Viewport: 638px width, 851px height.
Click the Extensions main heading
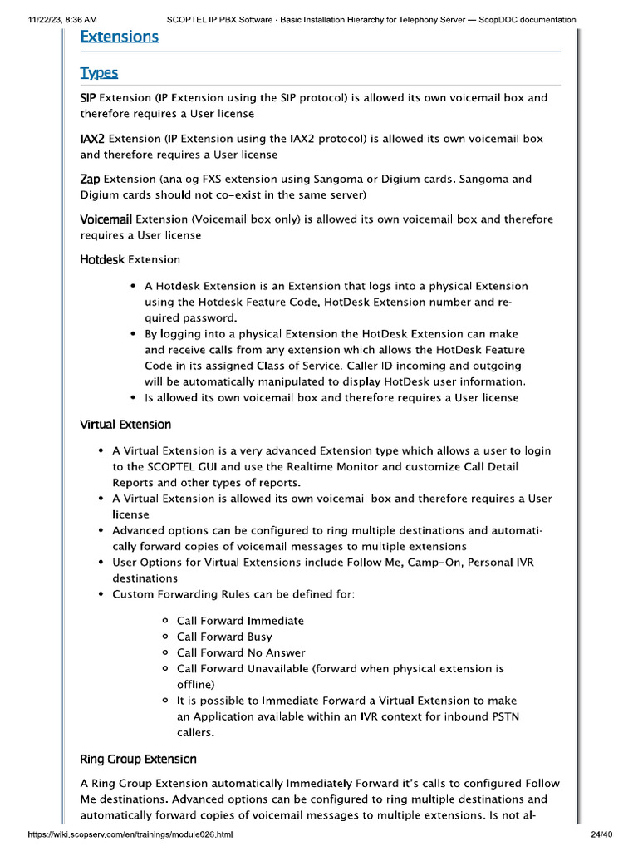pyautogui.click(x=119, y=37)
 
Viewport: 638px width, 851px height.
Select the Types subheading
pyautogui.click(x=99, y=73)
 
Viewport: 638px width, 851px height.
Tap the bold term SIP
pyautogui.click(x=88, y=98)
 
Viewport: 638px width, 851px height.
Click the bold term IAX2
pyautogui.click(x=92, y=139)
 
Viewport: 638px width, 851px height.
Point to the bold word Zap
pyautogui.click(x=91, y=179)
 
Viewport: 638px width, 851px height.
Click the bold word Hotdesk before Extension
pyautogui.click(x=102, y=260)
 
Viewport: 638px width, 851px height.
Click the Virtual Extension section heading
pyautogui.click(x=125, y=425)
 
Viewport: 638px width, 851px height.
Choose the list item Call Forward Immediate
pyautogui.click(x=240, y=621)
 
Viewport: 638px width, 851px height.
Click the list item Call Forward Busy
pyautogui.click(x=224, y=637)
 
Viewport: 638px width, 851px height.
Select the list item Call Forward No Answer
pyautogui.click(x=241, y=652)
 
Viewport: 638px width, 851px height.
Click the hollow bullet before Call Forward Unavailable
pyautogui.click(x=166, y=668)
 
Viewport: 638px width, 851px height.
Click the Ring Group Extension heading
pyautogui.click(x=138, y=759)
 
